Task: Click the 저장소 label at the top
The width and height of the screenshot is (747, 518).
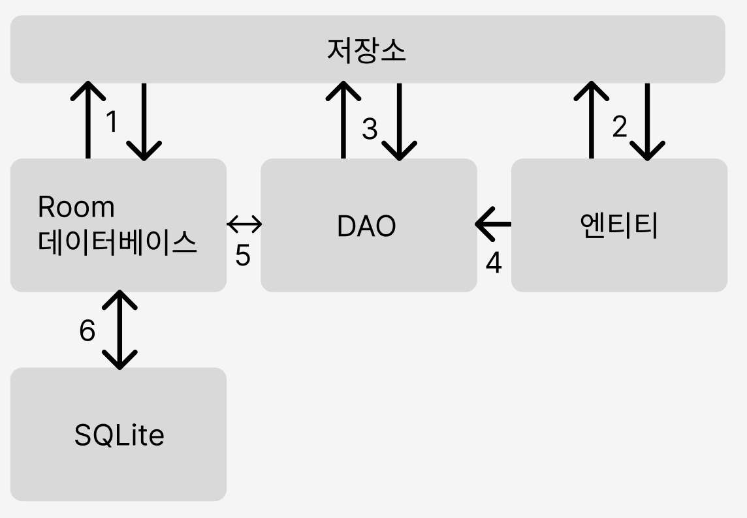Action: pos(366,50)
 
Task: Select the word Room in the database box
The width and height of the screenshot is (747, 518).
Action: pos(76,207)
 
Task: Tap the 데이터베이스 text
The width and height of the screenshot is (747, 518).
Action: pos(118,243)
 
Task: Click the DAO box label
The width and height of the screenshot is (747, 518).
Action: pos(366,226)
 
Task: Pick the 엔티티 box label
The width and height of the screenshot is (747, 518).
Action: pos(619,226)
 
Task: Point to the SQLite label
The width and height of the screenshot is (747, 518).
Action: pos(119,435)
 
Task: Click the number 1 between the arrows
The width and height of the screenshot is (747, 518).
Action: pos(112,121)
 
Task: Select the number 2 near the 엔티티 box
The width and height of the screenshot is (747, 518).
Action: pos(619,127)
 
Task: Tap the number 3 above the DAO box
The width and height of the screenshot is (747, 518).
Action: pos(370,129)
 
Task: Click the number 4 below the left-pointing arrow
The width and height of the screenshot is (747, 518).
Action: pos(494,262)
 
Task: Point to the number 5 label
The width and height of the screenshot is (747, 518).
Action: pos(242,256)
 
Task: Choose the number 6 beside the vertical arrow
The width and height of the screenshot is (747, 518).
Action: pos(87,331)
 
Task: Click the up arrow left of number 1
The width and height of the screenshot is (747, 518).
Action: pos(87,120)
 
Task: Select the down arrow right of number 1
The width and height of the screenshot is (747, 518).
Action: pos(144,121)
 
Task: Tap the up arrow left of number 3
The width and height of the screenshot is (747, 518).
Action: pos(343,120)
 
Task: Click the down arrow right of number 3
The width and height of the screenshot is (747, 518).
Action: pos(398,121)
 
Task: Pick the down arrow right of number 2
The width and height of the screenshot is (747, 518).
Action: pos(647,121)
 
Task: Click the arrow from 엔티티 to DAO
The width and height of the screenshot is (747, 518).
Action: pos(494,225)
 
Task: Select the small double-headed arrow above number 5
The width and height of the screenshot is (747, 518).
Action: pos(244,225)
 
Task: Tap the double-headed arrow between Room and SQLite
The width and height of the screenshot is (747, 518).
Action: pos(120,329)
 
